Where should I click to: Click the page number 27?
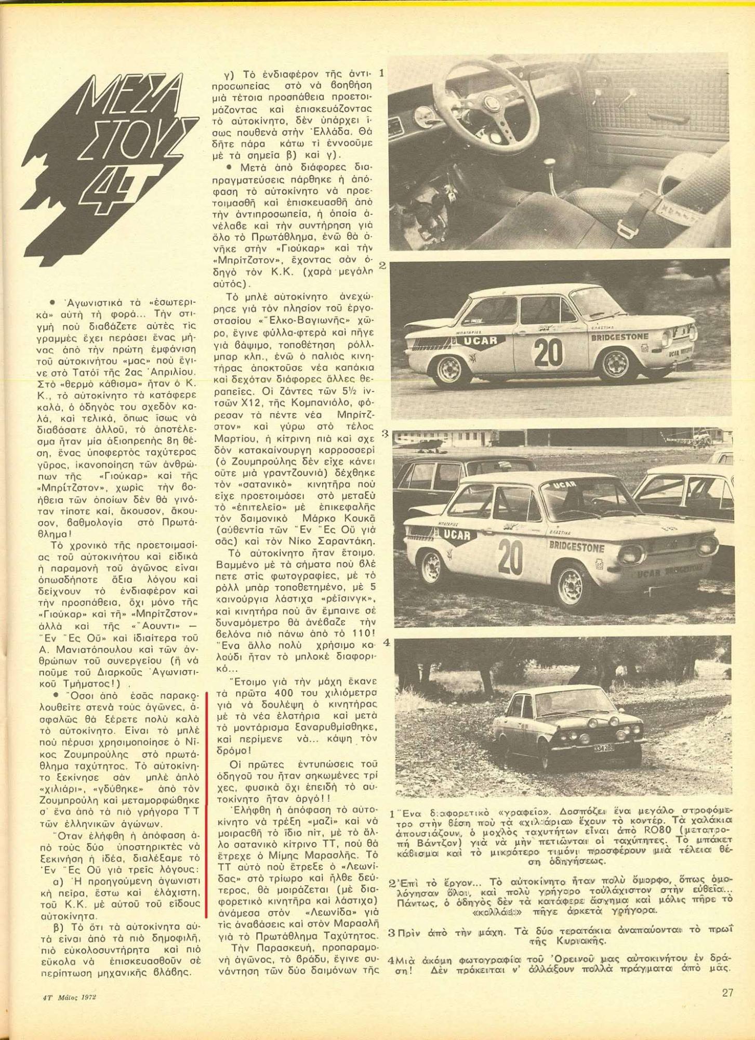click(x=727, y=993)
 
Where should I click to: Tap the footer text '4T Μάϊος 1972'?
click(x=70, y=997)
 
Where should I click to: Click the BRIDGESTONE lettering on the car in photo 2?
click(x=620, y=337)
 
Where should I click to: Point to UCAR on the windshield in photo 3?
click(x=565, y=485)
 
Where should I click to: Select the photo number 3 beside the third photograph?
click(x=385, y=433)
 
